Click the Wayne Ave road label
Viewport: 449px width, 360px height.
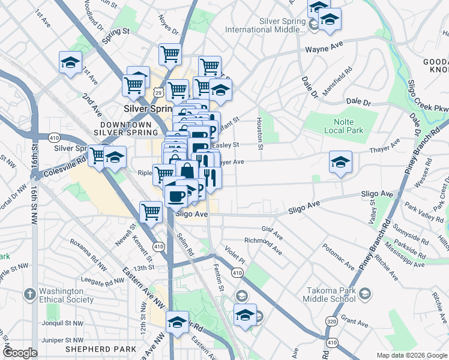324,48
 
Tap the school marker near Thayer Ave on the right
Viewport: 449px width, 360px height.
340,162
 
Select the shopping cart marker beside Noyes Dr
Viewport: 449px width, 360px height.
170,53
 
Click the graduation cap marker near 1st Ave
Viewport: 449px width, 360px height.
70,62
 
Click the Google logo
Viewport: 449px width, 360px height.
20,353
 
